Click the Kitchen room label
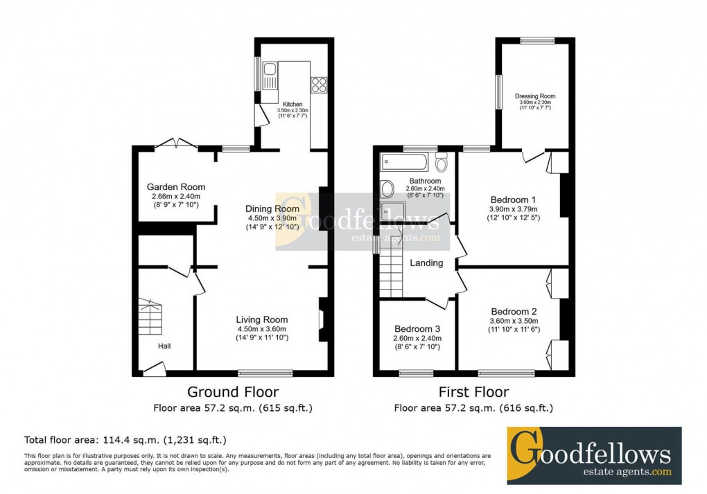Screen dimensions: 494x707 292,104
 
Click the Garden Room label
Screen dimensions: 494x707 176,187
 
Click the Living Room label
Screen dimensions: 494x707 262,319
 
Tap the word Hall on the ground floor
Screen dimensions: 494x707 164,346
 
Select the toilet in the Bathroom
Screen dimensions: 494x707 442,163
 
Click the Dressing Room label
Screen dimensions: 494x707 535,96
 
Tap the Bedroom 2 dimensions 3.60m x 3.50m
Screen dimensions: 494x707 514,320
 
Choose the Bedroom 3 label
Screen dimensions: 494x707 417,329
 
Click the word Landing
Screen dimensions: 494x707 426,263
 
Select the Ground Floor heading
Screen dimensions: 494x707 233,392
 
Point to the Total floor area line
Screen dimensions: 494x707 125,440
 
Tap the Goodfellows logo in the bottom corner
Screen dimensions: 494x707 593,455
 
